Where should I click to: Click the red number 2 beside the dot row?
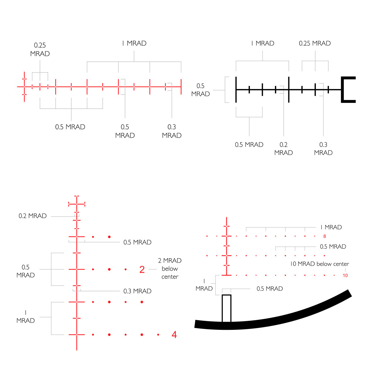[x=142, y=269]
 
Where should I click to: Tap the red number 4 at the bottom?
[x=174, y=334]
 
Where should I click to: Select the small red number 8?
[x=325, y=236]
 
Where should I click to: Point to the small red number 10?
[x=345, y=276]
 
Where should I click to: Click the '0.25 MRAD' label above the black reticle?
[x=315, y=43]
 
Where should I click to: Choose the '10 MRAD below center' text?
[x=320, y=264]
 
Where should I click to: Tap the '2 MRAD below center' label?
[x=170, y=268]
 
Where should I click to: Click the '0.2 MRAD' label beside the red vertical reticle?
[x=33, y=216]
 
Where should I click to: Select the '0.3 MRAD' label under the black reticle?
[x=323, y=149]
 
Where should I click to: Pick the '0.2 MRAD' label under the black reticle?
[x=283, y=149]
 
